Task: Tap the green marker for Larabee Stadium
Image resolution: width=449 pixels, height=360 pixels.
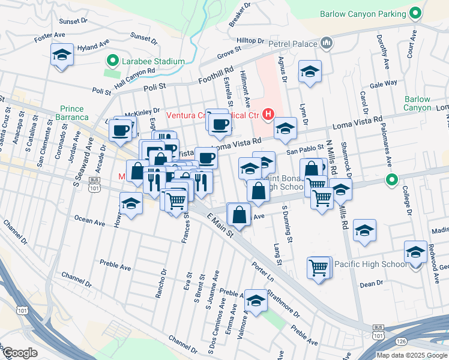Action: point(111,61)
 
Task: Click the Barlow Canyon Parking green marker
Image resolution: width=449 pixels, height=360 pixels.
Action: point(415,14)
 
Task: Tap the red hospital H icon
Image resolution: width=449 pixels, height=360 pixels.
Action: point(268,113)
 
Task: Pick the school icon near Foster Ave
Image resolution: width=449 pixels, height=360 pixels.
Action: point(62,55)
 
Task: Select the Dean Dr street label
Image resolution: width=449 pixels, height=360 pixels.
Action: point(372,283)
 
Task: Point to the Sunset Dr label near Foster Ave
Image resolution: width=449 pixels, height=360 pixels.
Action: point(73,22)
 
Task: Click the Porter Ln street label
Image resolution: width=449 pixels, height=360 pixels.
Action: point(262,271)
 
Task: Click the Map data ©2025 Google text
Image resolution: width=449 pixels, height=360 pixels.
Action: point(412,355)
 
